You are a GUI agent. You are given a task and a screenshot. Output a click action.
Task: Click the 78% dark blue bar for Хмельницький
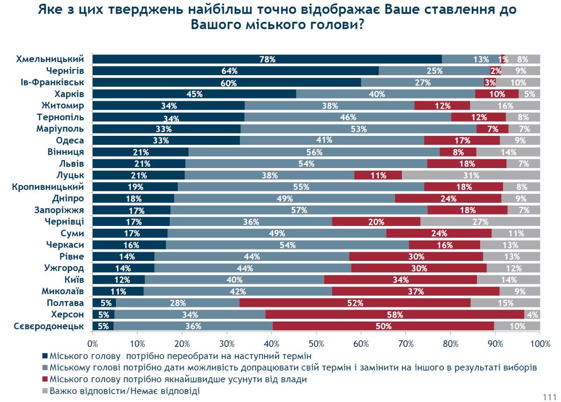click(267, 59)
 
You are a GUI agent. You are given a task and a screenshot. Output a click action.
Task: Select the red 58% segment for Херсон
click(395, 315)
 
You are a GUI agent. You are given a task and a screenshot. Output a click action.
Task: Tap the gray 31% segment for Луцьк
click(471, 176)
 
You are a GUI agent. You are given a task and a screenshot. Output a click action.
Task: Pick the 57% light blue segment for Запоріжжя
click(299, 210)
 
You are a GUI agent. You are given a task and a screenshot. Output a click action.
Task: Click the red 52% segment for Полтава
click(355, 303)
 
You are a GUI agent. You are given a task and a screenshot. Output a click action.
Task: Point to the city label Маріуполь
click(60, 129)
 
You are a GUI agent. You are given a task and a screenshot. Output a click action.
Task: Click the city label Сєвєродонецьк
click(50, 326)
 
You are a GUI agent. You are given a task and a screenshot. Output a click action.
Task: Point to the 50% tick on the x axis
click(316, 345)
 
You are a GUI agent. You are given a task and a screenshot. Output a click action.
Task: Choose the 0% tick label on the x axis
click(93, 345)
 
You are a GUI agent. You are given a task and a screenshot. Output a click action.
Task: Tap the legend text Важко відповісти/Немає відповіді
click(124, 391)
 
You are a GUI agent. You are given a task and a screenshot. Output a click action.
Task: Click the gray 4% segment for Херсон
click(532, 315)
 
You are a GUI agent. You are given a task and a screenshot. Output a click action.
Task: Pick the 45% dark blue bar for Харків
click(194, 94)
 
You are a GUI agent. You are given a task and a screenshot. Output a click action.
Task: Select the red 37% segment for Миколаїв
click(416, 291)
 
